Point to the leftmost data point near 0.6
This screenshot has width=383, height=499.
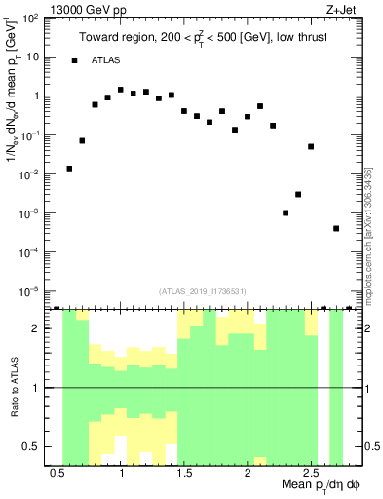coord(69,169)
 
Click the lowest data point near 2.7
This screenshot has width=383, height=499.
coord(336,229)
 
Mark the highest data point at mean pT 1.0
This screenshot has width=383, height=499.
coord(121,90)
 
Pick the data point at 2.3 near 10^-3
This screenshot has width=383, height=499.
coord(286,212)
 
